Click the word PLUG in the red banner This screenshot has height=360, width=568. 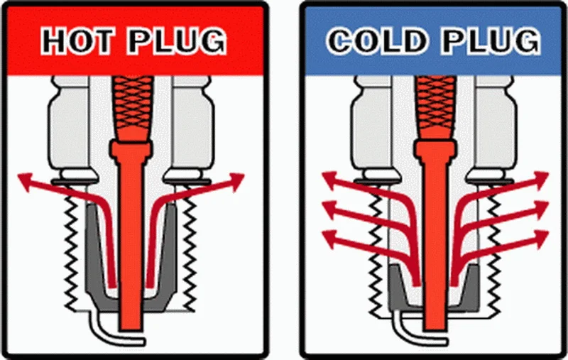[176, 40]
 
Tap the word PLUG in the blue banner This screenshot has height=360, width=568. [490, 40]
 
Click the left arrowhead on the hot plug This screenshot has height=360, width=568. [26, 181]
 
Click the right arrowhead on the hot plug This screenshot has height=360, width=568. [236, 181]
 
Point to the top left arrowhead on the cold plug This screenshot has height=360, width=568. [330, 180]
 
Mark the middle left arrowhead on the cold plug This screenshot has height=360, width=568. [330, 209]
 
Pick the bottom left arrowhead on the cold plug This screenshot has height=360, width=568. [330, 239]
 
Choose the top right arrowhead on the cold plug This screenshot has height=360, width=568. [540, 180]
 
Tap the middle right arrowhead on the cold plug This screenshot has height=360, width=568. [540, 209]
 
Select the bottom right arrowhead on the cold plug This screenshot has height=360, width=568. [540, 239]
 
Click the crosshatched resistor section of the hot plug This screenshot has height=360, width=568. [132, 108]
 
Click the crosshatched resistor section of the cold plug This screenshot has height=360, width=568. [435, 108]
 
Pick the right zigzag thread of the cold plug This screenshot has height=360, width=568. [493, 250]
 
